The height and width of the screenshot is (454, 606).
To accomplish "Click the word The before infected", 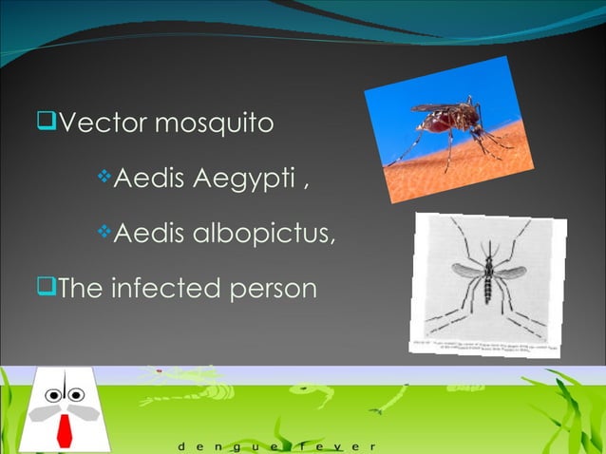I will point(81,286).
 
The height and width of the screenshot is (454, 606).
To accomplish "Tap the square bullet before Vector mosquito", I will point(44,123).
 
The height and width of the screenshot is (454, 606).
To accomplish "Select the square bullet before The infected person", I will point(44,285).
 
